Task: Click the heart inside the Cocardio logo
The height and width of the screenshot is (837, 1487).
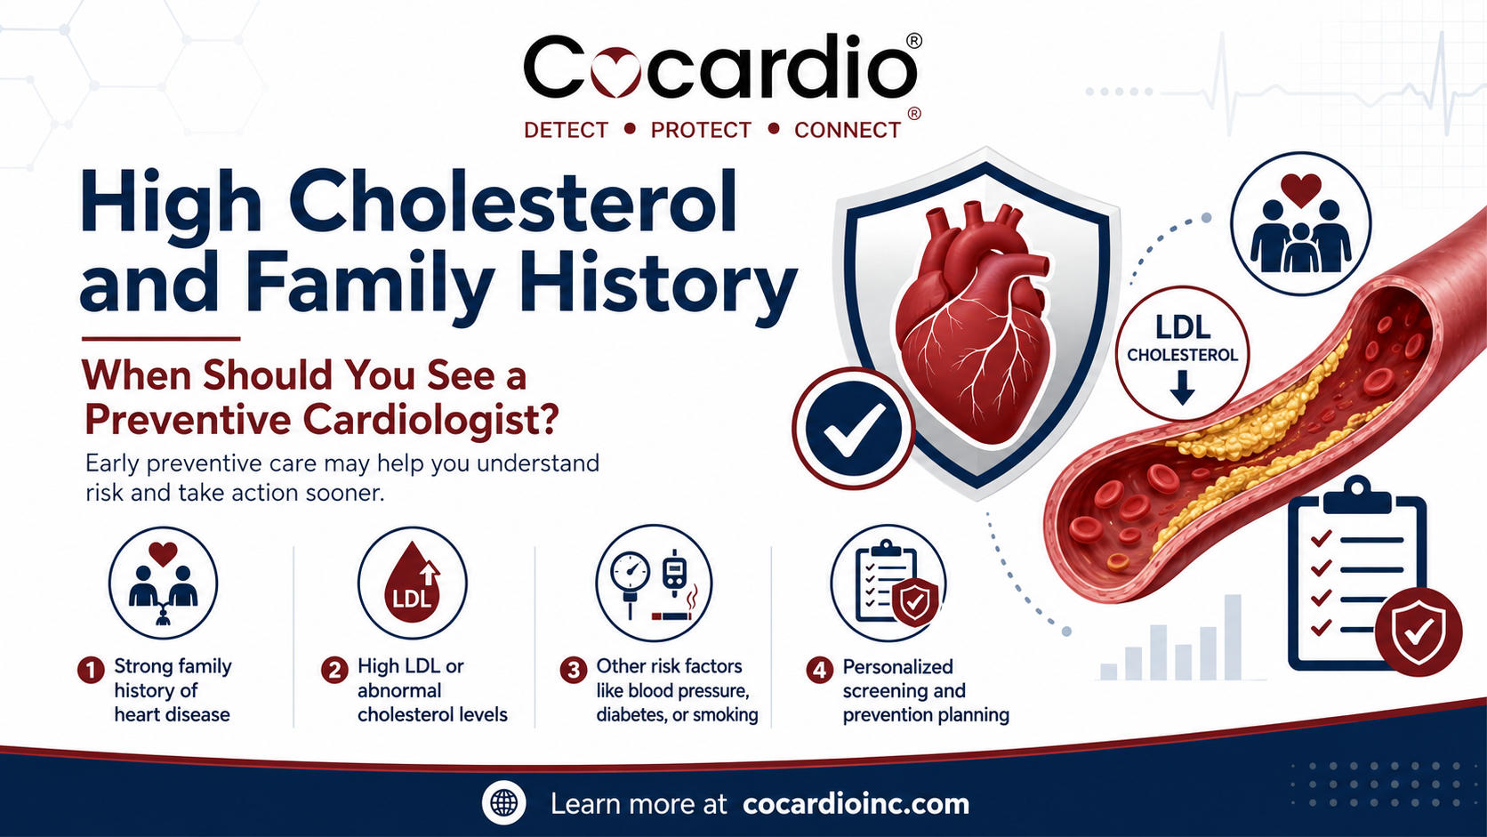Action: pyautogui.click(x=615, y=72)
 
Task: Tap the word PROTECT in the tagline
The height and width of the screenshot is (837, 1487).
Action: pyautogui.click(x=700, y=130)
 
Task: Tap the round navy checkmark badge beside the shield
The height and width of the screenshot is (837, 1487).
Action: pyautogui.click(x=853, y=428)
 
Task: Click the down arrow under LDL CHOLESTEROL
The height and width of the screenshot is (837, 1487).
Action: pyautogui.click(x=1182, y=387)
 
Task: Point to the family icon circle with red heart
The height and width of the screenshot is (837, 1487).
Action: pyautogui.click(x=1300, y=223)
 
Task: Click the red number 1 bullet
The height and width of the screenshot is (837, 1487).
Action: pyautogui.click(x=91, y=670)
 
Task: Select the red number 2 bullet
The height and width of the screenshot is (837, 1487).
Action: pyautogui.click(x=334, y=670)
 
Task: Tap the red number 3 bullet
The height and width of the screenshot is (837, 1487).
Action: pyautogui.click(x=574, y=670)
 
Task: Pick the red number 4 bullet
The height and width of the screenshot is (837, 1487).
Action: pyautogui.click(x=820, y=670)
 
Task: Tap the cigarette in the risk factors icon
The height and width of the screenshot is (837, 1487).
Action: pyautogui.click(x=671, y=616)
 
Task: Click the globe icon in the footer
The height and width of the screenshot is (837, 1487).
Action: pyautogui.click(x=504, y=803)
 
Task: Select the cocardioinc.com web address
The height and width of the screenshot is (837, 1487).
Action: pyautogui.click(x=856, y=804)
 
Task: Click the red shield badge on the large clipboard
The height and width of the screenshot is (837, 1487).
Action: pyautogui.click(x=1418, y=632)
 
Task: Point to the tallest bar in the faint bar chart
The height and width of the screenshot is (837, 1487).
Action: pyautogui.click(x=1233, y=637)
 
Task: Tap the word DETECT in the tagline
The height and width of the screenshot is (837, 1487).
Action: pyautogui.click(x=566, y=130)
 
